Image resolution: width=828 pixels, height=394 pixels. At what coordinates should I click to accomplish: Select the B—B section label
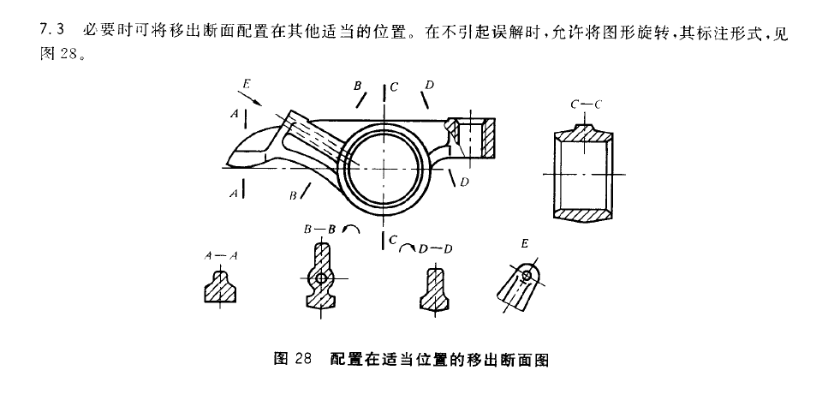(x=318, y=230)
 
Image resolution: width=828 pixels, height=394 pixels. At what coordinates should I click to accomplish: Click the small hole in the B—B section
(x=321, y=278)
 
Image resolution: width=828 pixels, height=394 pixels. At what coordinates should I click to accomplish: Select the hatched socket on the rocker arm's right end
(x=474, y=138)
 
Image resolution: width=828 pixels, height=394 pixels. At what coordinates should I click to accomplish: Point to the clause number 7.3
(x=51, y=31)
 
